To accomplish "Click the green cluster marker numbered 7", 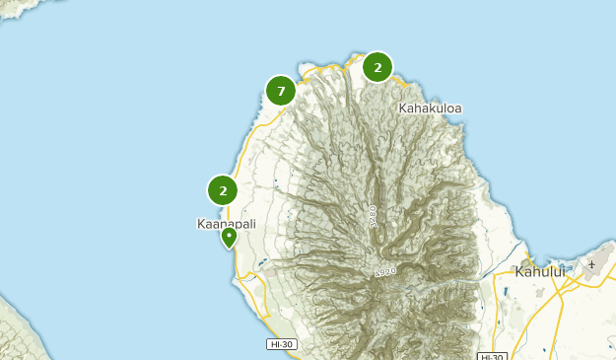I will point(281,92).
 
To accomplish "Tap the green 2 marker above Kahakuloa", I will point(377,67).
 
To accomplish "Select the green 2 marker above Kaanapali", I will point(223,190).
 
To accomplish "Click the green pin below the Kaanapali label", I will point(229,238).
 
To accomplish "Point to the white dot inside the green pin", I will point(229,235).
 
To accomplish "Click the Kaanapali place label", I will point(227,224).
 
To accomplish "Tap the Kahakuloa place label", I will point(431,108).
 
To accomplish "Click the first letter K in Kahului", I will point(519,270).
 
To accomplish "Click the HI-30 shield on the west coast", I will point(281,344).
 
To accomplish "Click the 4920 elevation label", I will point(384,271).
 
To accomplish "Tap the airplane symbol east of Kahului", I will point(592,264).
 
